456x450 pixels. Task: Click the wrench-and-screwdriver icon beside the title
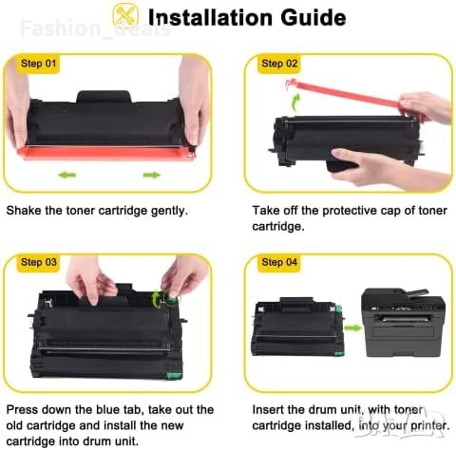(x=126, y=15)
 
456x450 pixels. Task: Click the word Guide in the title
(x=313, y=17)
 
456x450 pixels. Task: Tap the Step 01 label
(x=38, y=64)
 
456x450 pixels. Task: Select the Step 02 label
(x=279, y=64)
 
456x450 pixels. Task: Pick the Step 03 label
(x=38, y=262)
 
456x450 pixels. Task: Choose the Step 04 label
(x=279, y=262)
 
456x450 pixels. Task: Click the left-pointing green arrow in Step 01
(x=67, y=175)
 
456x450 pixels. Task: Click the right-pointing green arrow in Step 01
(x=152, y=175)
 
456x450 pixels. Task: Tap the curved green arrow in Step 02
(x=295, y=103)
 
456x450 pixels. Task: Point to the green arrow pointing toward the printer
(x=352, y=328)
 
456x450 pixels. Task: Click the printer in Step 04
(x=403, y=322)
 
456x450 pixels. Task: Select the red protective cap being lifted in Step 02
(x=351, y=96)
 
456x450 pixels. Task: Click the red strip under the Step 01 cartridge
(x=106, y=153)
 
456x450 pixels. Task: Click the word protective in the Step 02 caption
(x=350, y=211)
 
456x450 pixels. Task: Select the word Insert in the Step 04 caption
(x=268, y=410)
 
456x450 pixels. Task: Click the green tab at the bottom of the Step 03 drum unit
(x=174, y=376)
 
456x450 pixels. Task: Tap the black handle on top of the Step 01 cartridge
(x=104, y=97)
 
